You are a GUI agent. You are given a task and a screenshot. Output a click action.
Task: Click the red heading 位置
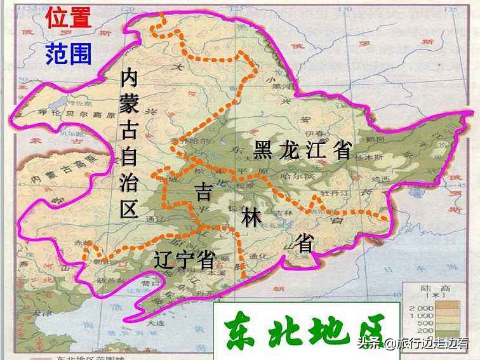69,17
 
